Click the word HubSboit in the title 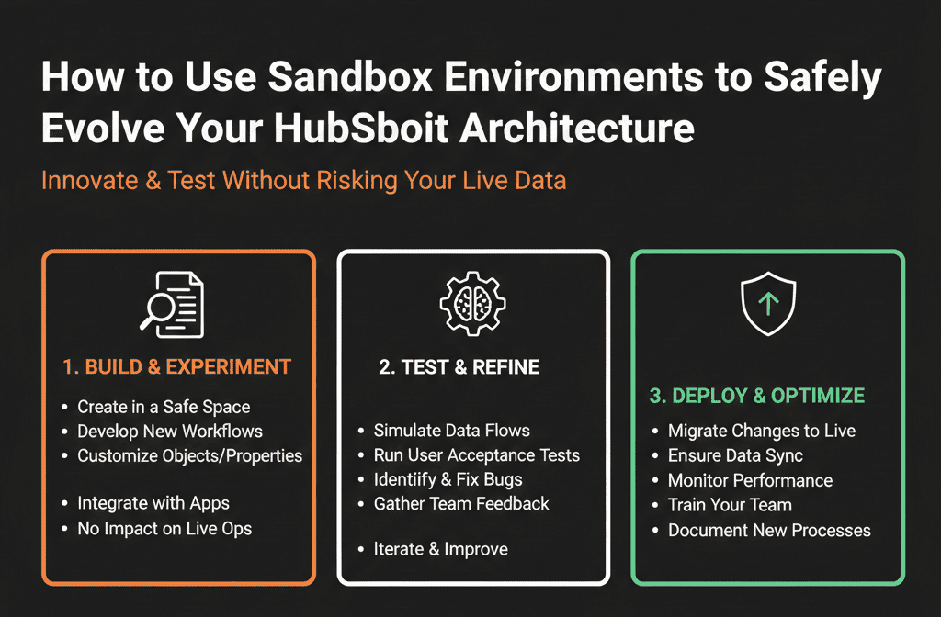[361, 128]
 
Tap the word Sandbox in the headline [350, 77]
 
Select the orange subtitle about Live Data [303, 181]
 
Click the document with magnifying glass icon [172, 305]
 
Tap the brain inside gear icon [472, 303]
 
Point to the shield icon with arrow [768, 303]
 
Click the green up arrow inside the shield [768, 304]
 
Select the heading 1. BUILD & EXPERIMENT [177, 367]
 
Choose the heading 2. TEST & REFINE [459, 367]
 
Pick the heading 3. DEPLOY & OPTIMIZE [757, 396]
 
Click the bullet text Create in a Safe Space [164, 407]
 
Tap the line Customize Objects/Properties [189, 456]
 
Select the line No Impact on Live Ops [164, 529]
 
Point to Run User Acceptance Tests [477, 455]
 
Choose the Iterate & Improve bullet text [440, 549]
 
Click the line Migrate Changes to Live [762, 432]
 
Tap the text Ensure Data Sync [735, 455]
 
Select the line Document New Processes [769, 530]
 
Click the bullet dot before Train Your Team [655, 506]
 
